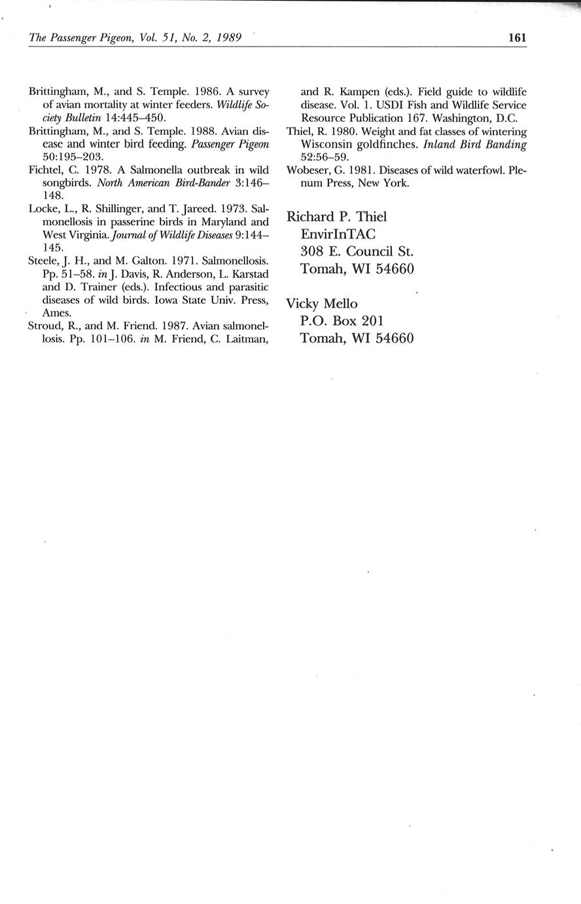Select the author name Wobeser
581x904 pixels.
click(x=308, y=170)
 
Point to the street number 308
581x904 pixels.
click(x=312, y=252)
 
